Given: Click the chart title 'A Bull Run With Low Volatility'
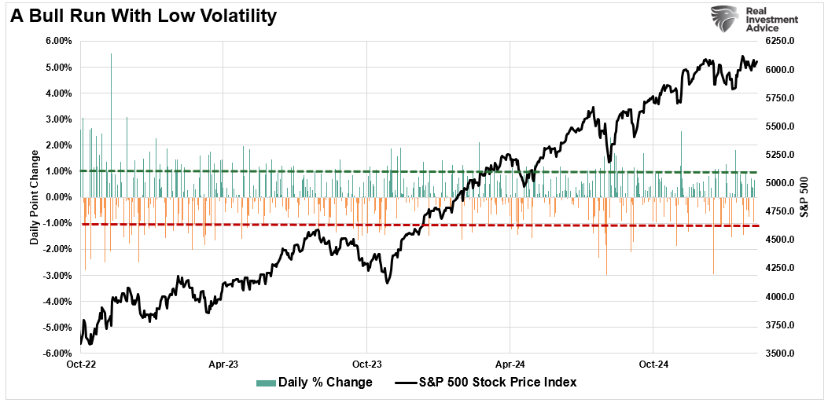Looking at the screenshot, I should [x=145, y=16].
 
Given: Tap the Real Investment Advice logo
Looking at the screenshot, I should [x=755, y=20].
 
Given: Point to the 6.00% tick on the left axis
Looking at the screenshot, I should [x=59, y=41].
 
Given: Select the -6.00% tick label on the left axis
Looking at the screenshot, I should [x=57, y=354].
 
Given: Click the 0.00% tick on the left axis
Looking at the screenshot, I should [x=59, y=197].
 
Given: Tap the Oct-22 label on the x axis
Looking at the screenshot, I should [x=80, y=365].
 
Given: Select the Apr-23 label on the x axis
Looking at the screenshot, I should [x=223, y=365].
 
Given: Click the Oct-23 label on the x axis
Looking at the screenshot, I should [x=366, y=365].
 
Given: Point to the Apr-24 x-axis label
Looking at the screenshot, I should [x=510, y=365].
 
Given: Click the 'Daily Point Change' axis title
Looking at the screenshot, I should [x=35, y=197].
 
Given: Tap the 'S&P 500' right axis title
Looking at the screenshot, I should [x=814, y=197].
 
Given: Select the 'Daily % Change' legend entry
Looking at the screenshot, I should [x=315, y=383].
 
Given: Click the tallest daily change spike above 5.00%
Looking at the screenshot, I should [x=112, y=55].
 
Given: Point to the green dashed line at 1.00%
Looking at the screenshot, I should [x=393, y=171].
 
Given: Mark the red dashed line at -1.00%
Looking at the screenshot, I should [x=393, y=225].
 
